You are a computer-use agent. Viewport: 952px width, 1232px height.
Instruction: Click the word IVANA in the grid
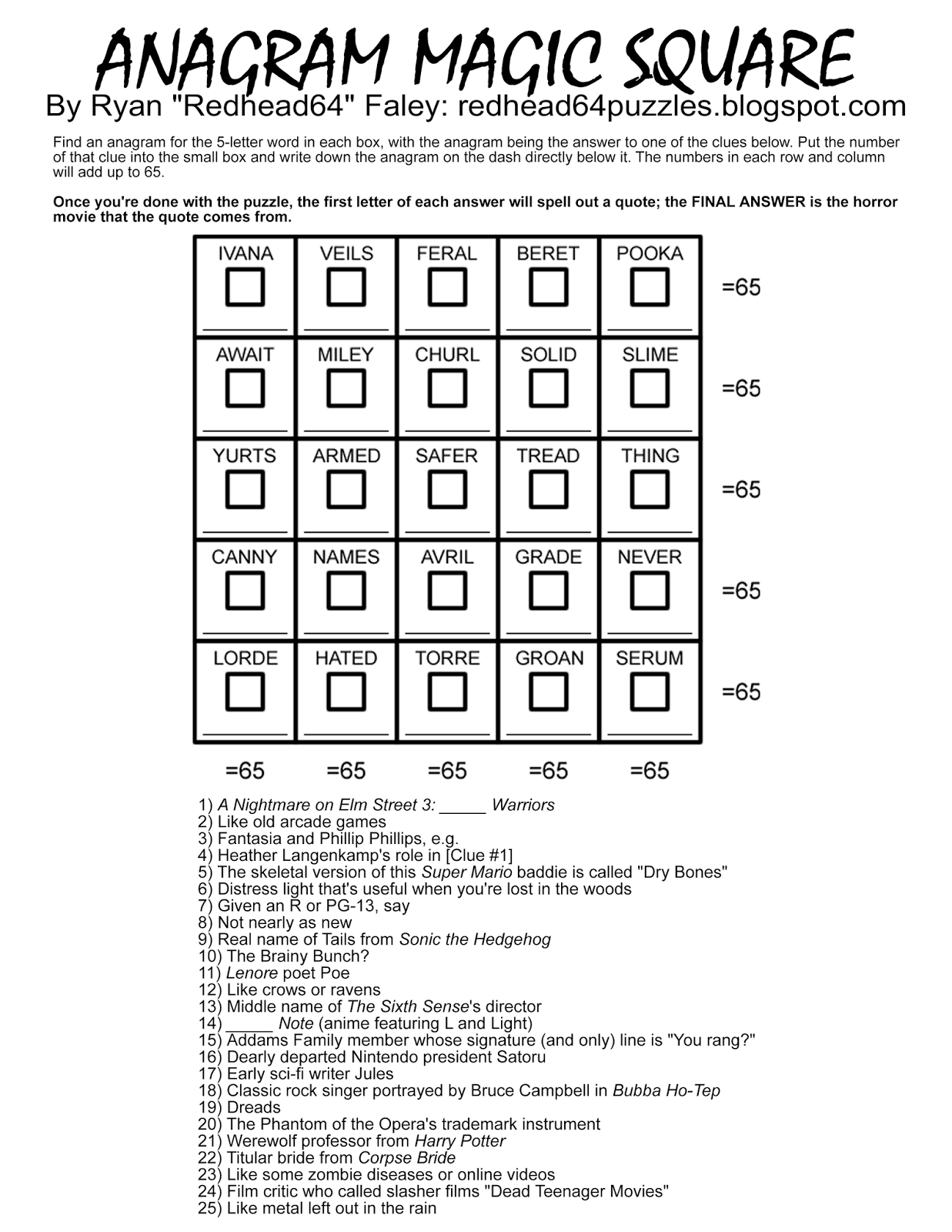(245, 253)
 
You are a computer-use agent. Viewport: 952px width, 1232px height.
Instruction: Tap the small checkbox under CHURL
(447, 388)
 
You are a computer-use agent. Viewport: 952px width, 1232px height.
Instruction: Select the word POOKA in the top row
(650, 253)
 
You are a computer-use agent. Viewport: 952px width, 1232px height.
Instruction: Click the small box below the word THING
(650, 490)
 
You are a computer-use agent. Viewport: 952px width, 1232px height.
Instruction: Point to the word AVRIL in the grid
(447, 557)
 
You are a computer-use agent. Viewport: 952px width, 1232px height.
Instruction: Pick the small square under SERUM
(650, 691)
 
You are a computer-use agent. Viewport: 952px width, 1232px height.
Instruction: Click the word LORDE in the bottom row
(245, 658)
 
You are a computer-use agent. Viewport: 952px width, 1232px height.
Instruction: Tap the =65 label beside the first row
(740, 287)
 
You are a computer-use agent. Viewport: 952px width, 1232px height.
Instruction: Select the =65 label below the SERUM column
(650, 770)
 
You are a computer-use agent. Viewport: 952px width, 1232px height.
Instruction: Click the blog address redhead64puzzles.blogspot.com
(682, 106)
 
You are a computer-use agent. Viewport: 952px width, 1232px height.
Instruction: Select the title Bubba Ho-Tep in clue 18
(666, 1090)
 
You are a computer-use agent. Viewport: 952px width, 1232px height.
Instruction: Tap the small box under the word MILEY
(346, 388)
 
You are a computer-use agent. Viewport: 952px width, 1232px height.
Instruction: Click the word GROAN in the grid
(549, 658)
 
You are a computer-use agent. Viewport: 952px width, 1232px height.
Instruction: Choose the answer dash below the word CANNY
(245, 632)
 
